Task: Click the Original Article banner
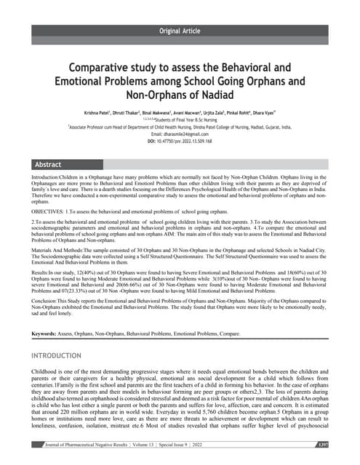[180, 29]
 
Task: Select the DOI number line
[180, 141]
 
